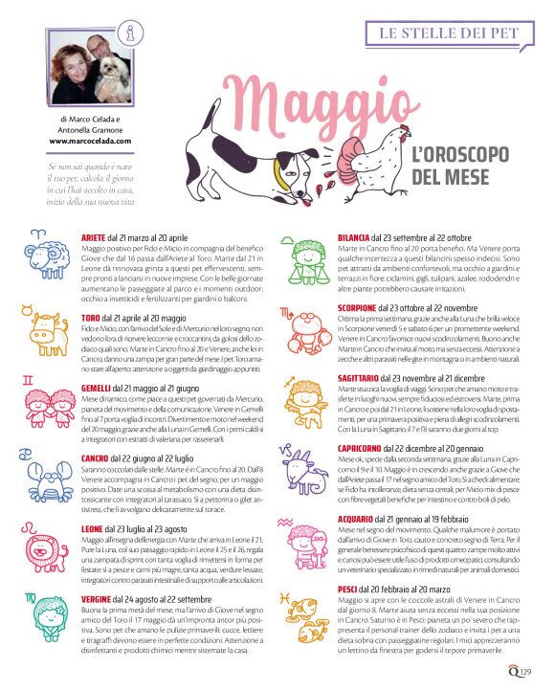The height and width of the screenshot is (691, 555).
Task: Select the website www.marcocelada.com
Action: [90, 141]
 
